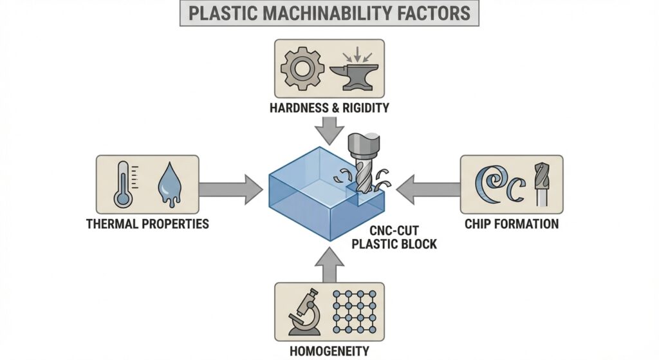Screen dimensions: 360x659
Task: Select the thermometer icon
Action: tap(123, 184)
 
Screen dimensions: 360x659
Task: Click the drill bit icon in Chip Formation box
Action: tap(541, 184)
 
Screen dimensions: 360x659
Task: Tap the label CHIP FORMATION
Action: tap(511, 225)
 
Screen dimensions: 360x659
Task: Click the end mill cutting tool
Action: tap(360, 164)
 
